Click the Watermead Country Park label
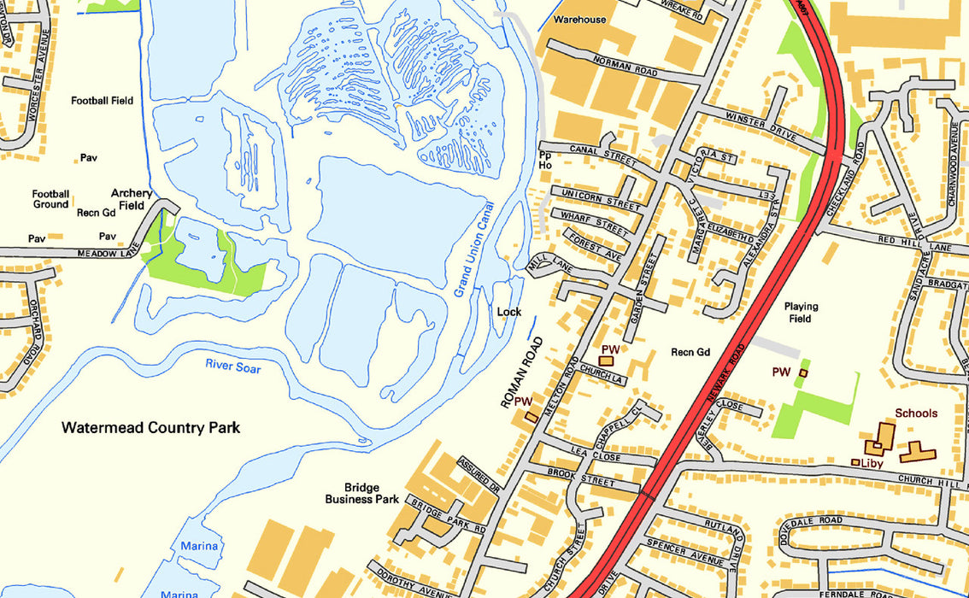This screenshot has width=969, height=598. coord(150,427)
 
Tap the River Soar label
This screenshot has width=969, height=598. coord(232,367)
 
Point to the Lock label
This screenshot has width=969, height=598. coord(508,312)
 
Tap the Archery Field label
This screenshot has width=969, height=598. coord(132,199)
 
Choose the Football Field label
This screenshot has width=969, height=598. coord(102,100)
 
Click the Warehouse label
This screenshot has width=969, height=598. coord(579,19)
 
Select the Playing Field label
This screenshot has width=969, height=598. coord(801,312)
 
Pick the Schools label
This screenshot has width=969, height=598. coord(916,413)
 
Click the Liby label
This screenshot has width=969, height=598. coord(872,463)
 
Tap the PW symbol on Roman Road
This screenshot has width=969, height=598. coord(531,416)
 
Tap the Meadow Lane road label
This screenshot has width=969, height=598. coord(108,254)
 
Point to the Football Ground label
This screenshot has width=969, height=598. coord(50,199)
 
